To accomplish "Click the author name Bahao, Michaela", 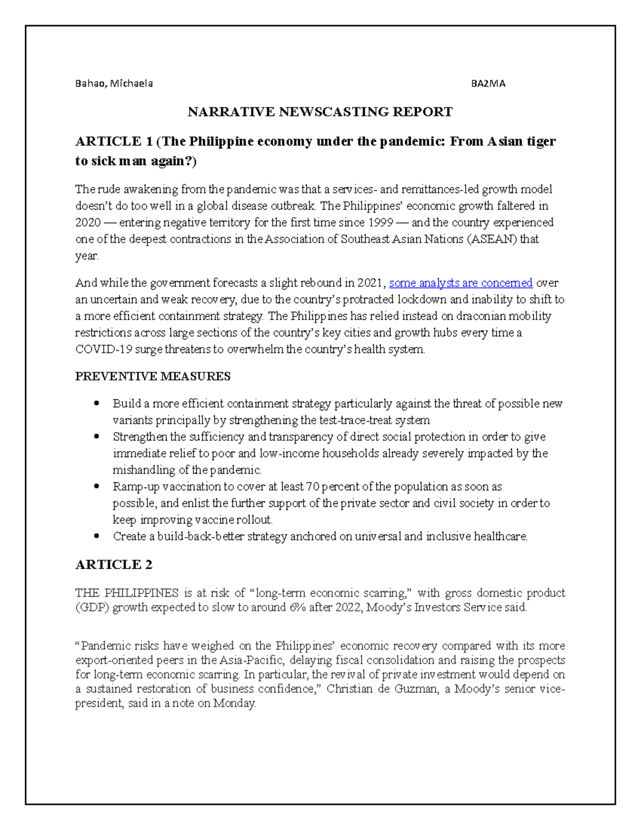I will click(114, 83).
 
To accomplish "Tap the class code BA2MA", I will click(488, 83).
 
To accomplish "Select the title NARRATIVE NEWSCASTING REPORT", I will click(319, 112).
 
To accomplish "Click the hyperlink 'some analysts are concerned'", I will click(461, 283).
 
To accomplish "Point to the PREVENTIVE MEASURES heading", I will click(153, 376).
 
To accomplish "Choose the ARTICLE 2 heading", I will click(114, 564).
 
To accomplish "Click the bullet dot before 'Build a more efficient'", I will click(96, 404).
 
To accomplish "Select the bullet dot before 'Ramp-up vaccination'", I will click(96, 486).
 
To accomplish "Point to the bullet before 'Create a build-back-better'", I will click(96, 536).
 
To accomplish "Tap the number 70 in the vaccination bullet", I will click(312, 486).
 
